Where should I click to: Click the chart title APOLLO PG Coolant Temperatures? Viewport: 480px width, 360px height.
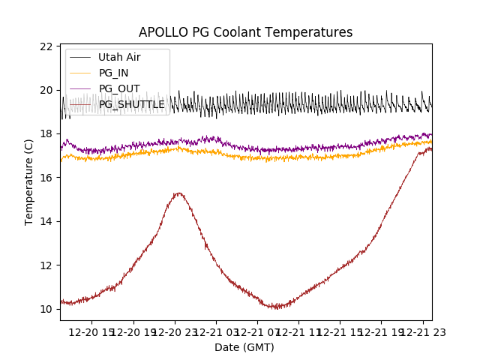(245, 32)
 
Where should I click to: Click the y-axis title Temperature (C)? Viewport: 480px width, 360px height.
(29, 182)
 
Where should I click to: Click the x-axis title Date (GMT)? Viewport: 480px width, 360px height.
(244, 347)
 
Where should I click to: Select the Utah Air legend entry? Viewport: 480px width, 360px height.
(119, 57)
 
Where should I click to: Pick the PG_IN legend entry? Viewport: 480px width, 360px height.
(113, 73)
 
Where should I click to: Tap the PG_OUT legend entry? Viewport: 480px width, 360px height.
(118, 88)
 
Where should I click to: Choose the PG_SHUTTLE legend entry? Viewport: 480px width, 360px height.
(131, 104)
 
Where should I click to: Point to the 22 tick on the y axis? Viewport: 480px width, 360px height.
(46, 46)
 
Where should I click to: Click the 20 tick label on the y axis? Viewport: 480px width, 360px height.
(46, 90)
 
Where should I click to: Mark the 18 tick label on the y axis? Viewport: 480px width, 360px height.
(46, 133)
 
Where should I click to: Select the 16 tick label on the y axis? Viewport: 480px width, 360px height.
(46, 178)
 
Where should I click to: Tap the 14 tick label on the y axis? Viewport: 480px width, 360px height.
(46, 221)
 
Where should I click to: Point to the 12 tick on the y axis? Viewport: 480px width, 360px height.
(46, 265)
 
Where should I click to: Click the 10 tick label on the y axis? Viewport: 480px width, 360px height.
(46, 309)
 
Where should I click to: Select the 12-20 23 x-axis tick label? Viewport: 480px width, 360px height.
(175, 331)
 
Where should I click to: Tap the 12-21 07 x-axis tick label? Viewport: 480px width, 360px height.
(257, 331)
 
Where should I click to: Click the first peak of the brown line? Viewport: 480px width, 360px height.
(178, 193)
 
